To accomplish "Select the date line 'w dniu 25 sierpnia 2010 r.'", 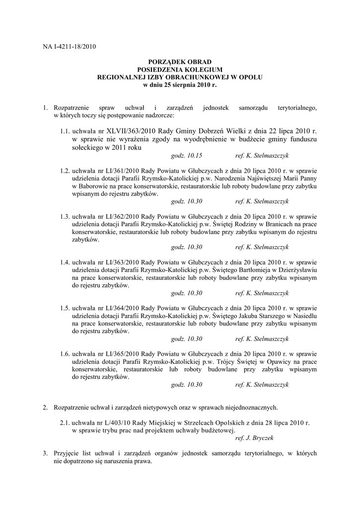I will (x=180, y=85).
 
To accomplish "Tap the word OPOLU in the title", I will (x=251, y=78).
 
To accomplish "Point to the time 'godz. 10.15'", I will (x=186, y=156).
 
